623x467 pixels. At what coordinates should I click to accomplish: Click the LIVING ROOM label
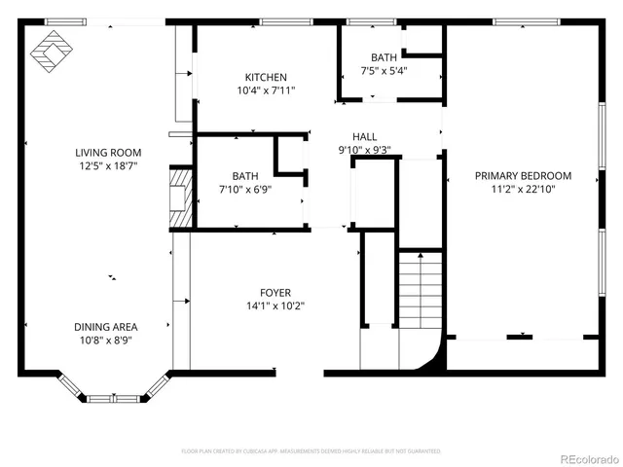[109, 153]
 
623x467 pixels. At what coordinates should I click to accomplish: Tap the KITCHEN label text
[266, 78]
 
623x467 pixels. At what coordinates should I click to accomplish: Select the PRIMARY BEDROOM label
[523, 176]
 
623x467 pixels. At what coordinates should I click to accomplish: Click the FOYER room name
[275, 293]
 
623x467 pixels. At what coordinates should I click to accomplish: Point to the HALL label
[365, 138]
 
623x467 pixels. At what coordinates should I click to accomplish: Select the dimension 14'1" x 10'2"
[275, 305]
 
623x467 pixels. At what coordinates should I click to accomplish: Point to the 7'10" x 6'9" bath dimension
[245, 190]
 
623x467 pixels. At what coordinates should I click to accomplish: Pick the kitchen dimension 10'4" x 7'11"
[266, 90]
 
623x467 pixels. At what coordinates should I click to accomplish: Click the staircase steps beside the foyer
[421, 291]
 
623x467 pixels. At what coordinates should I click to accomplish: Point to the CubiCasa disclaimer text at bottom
[311, 451]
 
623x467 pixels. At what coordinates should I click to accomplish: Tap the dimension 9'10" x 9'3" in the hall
[365, 150]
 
